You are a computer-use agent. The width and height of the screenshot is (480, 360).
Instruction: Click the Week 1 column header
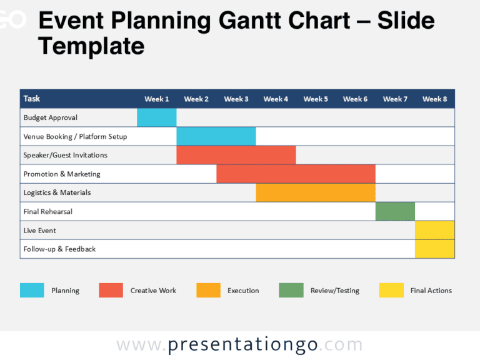(156, 99)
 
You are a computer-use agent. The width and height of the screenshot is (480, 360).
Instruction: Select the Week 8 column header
(434, 99)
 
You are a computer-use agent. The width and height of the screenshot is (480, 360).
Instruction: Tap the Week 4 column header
(276, 99)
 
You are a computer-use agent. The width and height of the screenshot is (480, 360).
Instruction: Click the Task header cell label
(32, 99)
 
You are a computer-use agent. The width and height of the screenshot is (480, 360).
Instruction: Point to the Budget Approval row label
(51, 117)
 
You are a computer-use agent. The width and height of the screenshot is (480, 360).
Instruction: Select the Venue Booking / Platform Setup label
(75, 136)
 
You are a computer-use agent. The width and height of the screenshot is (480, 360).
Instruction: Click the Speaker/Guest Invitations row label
(65, 155)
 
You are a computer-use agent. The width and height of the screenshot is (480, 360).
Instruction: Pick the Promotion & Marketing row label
(62, 174)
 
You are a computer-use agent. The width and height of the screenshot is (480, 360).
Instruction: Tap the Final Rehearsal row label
(48, 211)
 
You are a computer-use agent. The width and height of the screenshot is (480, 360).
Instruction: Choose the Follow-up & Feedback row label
(59, 249)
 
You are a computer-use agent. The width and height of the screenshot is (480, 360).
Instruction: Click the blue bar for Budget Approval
(156, 117)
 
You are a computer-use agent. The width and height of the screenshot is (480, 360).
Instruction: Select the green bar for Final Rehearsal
(395, 211)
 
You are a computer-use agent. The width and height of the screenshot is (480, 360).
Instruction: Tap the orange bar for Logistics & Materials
(316, 192)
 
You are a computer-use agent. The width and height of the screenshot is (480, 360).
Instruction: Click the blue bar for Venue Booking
(216, 136)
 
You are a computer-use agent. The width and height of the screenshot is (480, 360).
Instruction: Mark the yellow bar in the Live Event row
(434, 230)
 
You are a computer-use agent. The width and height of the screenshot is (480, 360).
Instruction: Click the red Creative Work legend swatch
(111, 290)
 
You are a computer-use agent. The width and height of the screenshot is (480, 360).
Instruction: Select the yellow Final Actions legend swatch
(391, 290)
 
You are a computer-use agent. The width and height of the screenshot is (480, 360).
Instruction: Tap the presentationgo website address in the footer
(239, 344)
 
